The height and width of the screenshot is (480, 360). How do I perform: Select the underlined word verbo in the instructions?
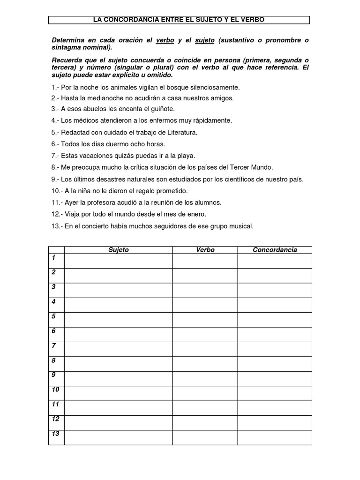pos(165,41)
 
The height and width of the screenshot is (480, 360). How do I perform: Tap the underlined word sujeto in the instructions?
pos(204,41)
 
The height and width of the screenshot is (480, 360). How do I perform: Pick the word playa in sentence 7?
pos(185,155)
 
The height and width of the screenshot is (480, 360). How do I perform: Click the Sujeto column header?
pos(118,250)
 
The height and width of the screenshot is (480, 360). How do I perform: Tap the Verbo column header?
pos(205,250)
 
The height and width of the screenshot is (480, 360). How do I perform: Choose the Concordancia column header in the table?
pos(275,250)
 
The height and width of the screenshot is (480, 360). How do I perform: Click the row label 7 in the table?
pos(54,346)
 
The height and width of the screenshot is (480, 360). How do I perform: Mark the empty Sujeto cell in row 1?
pos(118,261)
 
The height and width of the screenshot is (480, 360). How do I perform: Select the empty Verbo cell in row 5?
pos(205,320)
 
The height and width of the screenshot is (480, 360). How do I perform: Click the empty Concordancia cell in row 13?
pos(275,437)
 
